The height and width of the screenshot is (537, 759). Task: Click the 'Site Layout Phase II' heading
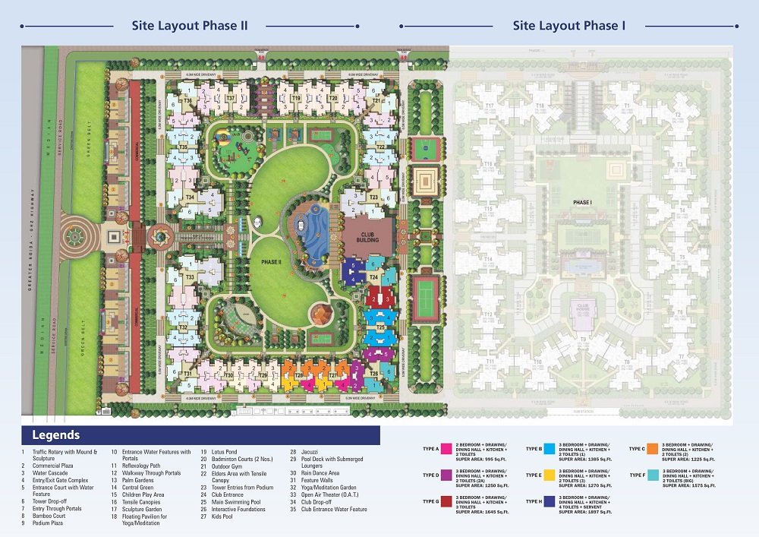pyautogui.click(x=190, y=25)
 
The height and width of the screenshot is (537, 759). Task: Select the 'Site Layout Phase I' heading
pyautogui.click(x=568, y=25)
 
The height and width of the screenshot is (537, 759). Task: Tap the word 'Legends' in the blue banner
pyautogui.click(x=55, y=435)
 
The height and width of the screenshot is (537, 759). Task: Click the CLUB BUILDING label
pyautogui.click(x=367, y=235)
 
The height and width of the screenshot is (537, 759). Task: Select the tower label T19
pyautogui.click(x=296, y=99)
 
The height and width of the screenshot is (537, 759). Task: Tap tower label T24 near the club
pyautogui.click(x=373, y=278)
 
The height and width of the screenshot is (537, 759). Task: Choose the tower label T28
pyautogui.click(x=299, y=375)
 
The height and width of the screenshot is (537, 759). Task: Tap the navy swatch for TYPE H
pyautogui.click(x=549, y=501)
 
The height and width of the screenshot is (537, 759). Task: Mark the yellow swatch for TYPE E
pyautogui.click(x=549, y=475)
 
